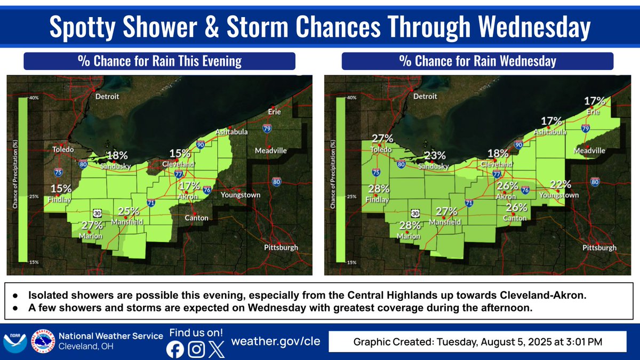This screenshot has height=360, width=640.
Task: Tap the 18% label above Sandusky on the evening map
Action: [x=117, y=156]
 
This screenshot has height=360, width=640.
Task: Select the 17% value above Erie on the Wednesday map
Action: [x=594, y=101]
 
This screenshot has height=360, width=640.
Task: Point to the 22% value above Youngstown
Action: [x=560, y=185]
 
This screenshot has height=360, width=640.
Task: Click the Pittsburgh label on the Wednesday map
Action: [x=599, y=247]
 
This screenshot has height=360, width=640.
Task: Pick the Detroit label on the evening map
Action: [x=107, y=97]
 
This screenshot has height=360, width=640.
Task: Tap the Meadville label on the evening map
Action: [x=270, y=150]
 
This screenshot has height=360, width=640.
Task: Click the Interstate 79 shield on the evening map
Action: [x=267, y=129]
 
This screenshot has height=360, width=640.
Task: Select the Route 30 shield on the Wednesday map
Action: [x=415, y=213]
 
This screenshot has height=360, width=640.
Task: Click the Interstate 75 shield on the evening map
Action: [x=58, y=172]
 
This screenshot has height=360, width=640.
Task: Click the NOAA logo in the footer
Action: [x=13, y=341]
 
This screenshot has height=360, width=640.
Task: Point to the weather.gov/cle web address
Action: [x=275, y=341]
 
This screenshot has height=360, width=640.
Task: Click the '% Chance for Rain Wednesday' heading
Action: [x=477, y=61]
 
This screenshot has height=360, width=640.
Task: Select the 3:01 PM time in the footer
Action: [x=588, y=341]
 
